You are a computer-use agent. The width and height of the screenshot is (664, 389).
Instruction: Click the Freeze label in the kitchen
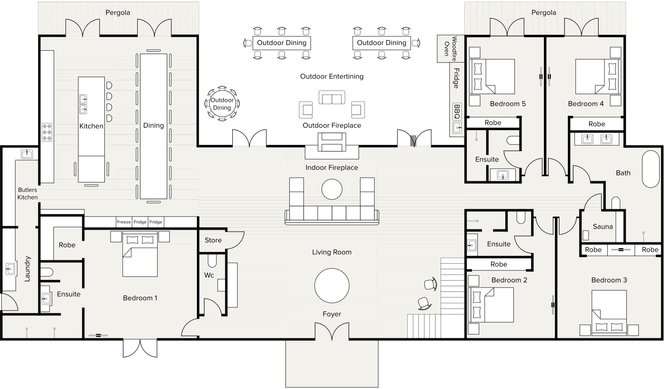pyautogui.click(x=124, y=222)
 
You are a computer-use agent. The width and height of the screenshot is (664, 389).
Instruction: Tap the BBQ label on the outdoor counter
pyautogui.click(x=457, y=111)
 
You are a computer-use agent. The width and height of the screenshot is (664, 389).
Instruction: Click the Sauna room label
pyautogui.click(x=603, y=227)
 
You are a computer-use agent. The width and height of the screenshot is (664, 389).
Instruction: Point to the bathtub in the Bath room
pyautogui.click(x=651, y=169)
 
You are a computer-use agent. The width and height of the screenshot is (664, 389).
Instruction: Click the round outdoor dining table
pyautogui.click(x=222, y=104)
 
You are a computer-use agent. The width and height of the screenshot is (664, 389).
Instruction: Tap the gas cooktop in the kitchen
pyautogui.click(x=47, y=132)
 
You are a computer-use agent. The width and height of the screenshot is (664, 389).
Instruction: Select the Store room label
pyautogui.click(x=213, y=240)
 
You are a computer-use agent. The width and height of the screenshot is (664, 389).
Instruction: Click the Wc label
pyautogui.click(x=209, y=275)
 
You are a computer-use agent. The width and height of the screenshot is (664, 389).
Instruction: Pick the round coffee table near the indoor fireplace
pyautogui.click(x=332, y=189)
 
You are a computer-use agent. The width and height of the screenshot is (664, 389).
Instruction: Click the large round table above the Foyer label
pyautogui.click(x=332, y=286)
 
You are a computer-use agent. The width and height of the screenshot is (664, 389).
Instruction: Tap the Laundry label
pyautogui.click(x=27, y=269)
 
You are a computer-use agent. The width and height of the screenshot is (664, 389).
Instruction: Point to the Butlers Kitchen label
pyautogui.click(x=27, y=194)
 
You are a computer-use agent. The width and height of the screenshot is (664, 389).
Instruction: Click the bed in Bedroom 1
pyautogui.click(x=140, y=254)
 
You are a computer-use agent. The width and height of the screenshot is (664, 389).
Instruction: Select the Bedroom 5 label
pyautogui.click(x=508, y=104)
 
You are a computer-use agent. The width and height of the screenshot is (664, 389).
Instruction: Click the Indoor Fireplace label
pyautogui.click(x=332, y=168)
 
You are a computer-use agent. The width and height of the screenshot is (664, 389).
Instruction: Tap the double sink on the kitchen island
pyautogui.click(x=83, y=104)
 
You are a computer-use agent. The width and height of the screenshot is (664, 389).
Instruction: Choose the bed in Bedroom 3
pyautogui.click(x=609, y=313)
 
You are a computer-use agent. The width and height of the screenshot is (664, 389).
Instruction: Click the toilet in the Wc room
pyautogui.click(x=212, y=260)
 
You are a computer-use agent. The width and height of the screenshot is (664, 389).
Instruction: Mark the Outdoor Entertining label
pyautogui.click(x=332, y=76)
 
